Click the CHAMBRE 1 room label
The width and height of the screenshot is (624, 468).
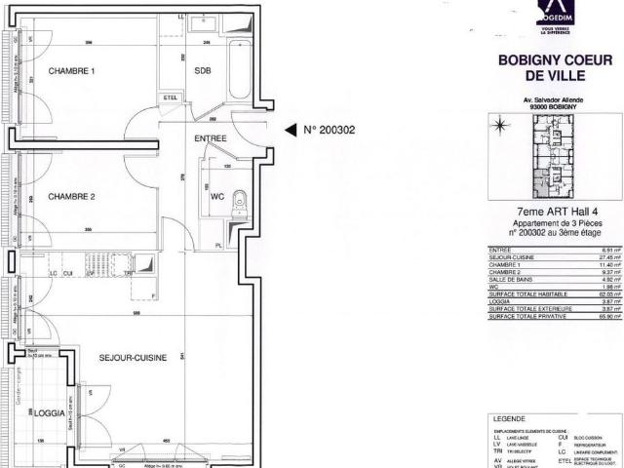click(x=72, y=71)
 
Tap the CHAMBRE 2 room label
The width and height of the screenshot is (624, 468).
click(x=72, y=196)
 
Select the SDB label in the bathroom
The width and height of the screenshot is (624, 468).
click(x=203, y=71)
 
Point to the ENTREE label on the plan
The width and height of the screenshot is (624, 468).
click(x=211, y=138)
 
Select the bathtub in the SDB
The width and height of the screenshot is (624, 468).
click(x=240, y=70)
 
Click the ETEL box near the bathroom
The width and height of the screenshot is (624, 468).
click(x=171, y=96)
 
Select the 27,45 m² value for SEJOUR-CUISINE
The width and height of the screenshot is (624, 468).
click(x=610, y=255)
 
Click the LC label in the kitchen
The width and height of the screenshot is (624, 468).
click(x=54, y=274)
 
